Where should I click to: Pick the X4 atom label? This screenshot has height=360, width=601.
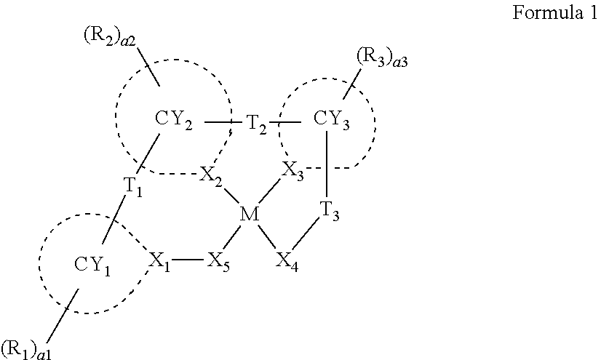pos(287,260)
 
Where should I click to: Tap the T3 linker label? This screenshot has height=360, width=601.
pos(330,213)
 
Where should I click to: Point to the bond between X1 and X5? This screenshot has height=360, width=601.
pos(189,260)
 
